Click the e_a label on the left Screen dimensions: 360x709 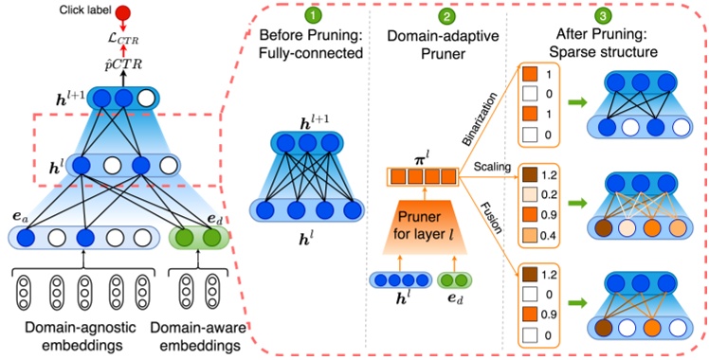21,219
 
